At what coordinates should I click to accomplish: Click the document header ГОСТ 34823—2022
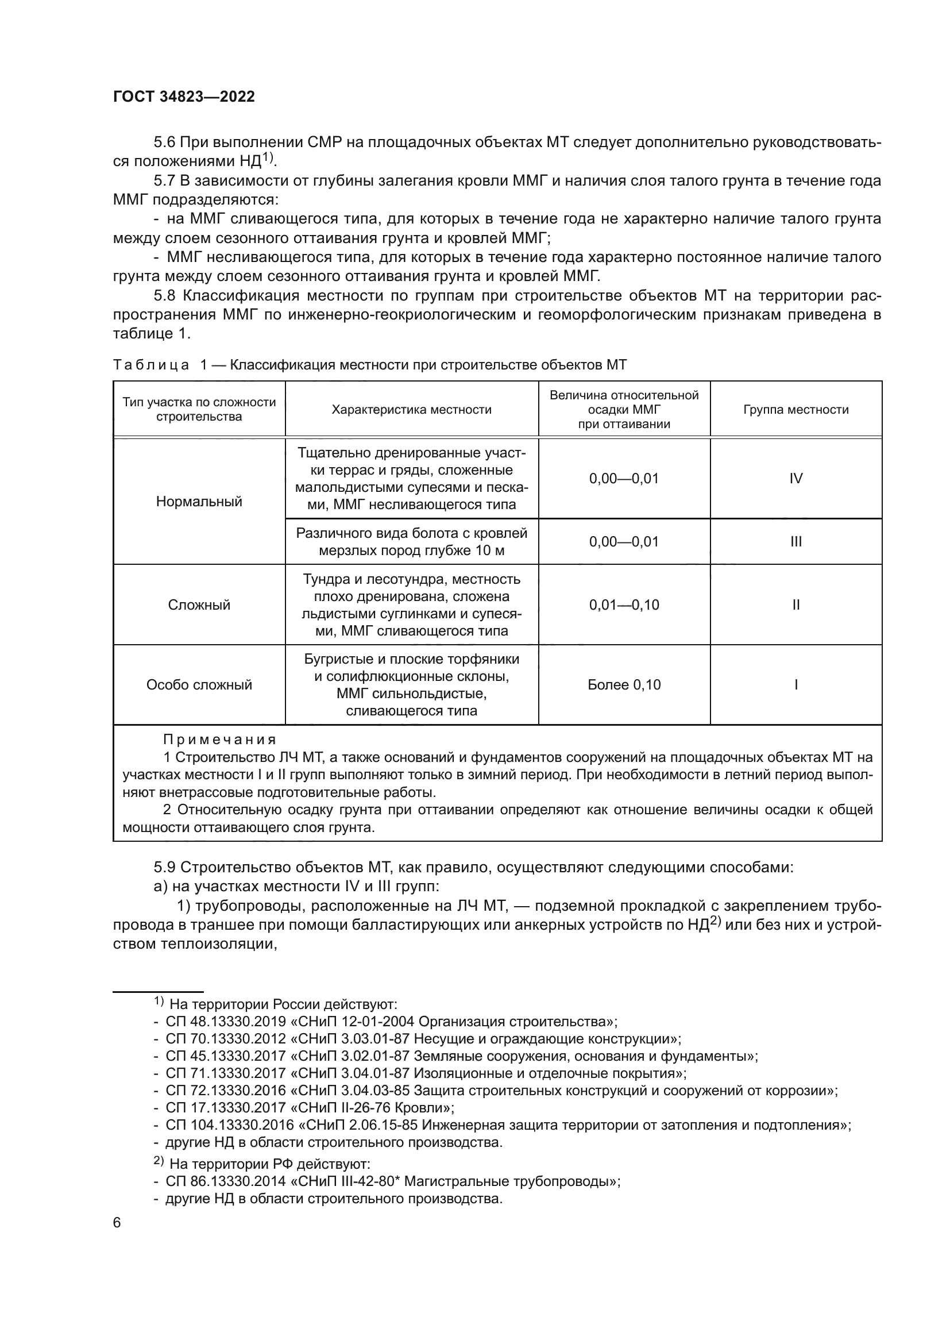pyautogui.click(x=184, y=97)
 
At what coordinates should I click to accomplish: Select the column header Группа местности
pyautogui.click(x=795, y=410)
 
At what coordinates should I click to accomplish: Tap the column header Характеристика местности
pyautogui.click(x=411, y=410)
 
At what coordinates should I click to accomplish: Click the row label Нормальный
pyautogui.click(x=199, y=502)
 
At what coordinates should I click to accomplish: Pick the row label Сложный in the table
pyautogui.click(x=199, y=604)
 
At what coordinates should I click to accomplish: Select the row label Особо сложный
pyautogui.click(x=199, y=685)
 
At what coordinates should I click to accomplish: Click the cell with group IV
pyautogui.click(x=795, y=479)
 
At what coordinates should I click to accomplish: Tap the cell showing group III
pyautogui.click(x=795, y=542)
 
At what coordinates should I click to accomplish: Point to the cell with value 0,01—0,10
pyautogui.click(x=624, y=604)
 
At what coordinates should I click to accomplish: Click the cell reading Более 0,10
pyautogui.click(x=624, y=685)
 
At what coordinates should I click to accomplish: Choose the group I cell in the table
pyautogui.click(x=795, y=685)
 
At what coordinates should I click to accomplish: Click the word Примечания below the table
pyautogui.click(x=219, y=740)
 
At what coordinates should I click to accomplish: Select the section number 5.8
pyautogui.click(x=164, y=295)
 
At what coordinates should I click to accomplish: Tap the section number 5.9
pyautogui.click(x=164, y=868)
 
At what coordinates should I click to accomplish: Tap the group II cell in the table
pyautogui.click(x=795, y=604)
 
